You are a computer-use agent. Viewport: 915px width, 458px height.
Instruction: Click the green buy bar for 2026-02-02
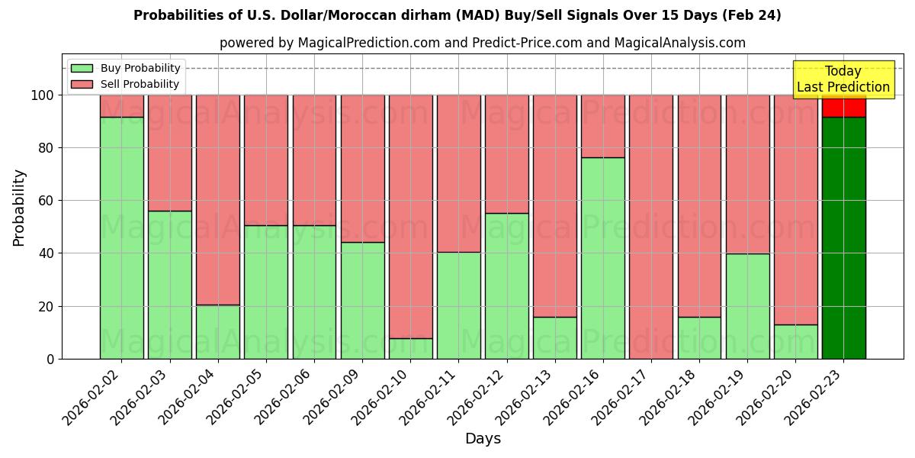[x=121, y=237]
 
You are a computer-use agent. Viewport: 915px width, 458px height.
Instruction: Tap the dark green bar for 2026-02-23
[x=843, y=237]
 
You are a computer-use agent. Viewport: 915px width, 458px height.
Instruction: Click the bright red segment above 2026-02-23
[x=843, y=106]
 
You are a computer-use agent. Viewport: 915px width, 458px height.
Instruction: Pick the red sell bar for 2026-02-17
[x=651, y=227]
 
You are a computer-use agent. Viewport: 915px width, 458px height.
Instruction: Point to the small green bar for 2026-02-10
[x=410, y=348]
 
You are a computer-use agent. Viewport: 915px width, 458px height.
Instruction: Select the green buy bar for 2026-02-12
[x=507, y=285]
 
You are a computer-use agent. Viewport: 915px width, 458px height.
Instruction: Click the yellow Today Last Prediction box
[x=843, y=79]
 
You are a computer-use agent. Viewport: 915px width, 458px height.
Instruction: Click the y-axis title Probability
[x=19, y=207]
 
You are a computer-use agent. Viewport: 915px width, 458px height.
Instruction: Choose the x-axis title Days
[x=483, y=439]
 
